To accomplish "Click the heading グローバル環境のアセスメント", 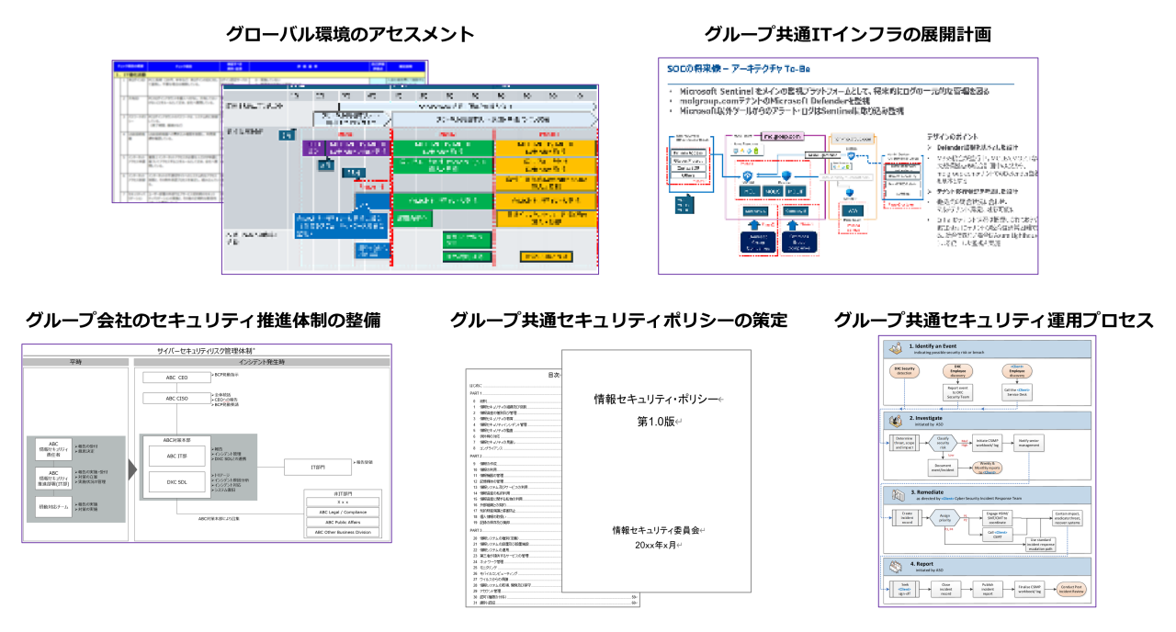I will click(351, 35).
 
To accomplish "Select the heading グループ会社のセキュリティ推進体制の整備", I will click(203, 321).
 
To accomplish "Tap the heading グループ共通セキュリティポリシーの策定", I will click(618, 321).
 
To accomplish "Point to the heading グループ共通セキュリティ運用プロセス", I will click(993, 321).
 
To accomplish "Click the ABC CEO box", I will click(175, 378).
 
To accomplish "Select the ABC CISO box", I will click(175, 399).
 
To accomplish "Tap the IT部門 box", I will click(318, 468).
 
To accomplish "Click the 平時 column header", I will click(77, 362).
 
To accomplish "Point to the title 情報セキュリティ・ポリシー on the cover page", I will click(656, 398).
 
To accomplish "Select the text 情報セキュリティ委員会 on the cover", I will click(656, 531).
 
